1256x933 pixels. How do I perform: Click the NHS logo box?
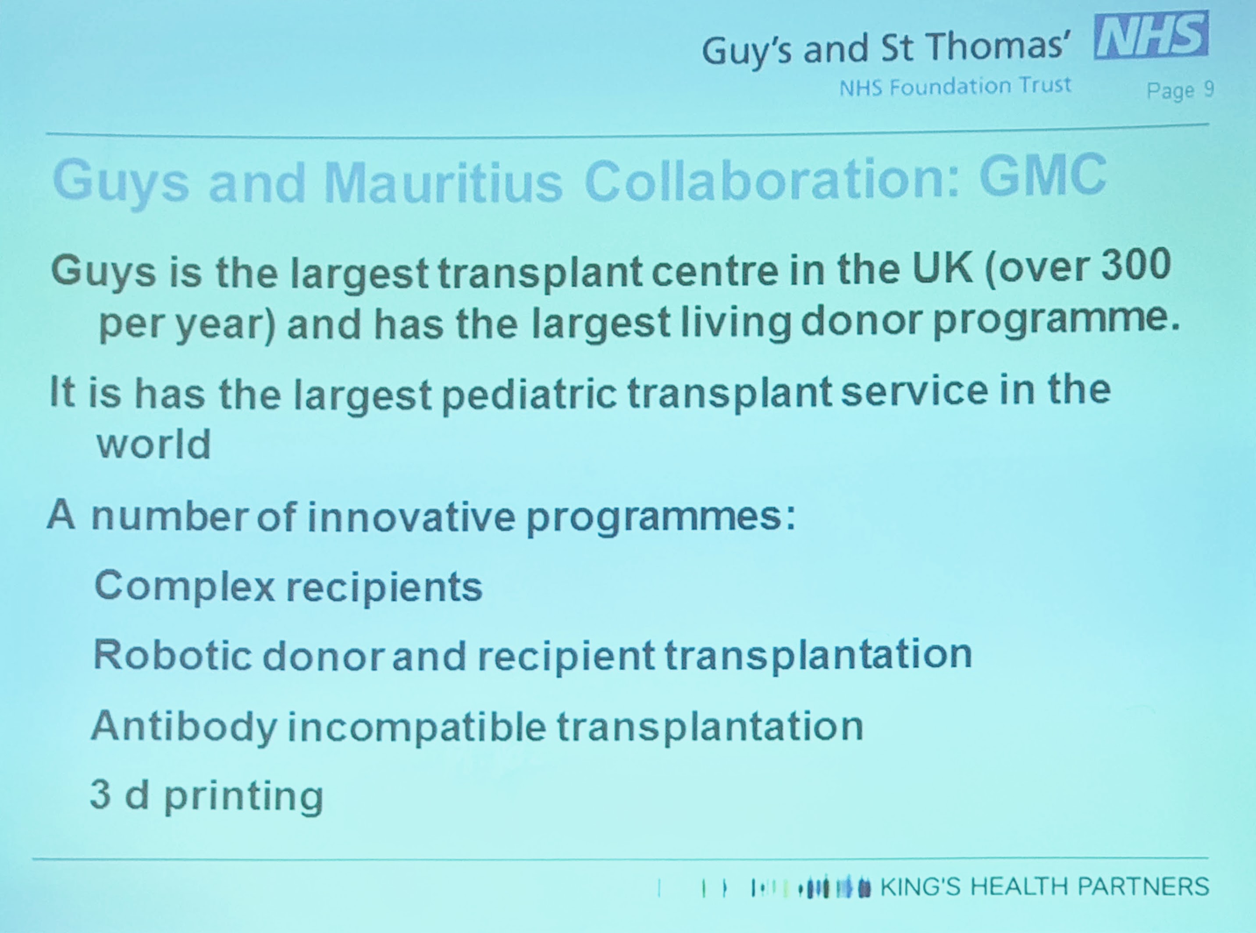tap(1150, 37)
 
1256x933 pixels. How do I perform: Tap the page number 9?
tap(1208, 89)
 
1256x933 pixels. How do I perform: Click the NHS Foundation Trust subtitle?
tap(955, 86)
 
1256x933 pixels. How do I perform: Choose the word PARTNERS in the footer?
tap(1144, 886)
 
